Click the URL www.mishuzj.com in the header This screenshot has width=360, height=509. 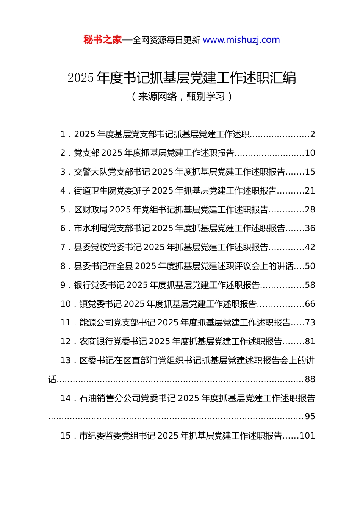click(x=241, y=40)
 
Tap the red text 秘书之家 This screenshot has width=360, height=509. click(x=103, y=40)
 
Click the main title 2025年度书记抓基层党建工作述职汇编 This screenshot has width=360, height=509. click(x=182, y=78)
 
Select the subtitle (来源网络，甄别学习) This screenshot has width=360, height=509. click(x=182, y=97)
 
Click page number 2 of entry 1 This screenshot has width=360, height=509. click(x=313, y=134)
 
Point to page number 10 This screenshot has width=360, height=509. click(x=310, y=153)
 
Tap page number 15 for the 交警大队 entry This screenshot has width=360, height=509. click(x=310, y=172)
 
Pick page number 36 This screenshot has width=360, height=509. click(x=310, y=228)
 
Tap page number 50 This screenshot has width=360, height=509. click(x=310, y=266)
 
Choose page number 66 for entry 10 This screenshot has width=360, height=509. click(x=310, y=304)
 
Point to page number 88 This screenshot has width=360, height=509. click(x=310, y=379)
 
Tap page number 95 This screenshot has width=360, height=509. click(x=310, y=417)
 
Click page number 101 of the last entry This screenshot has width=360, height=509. click(x=307, y=436)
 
